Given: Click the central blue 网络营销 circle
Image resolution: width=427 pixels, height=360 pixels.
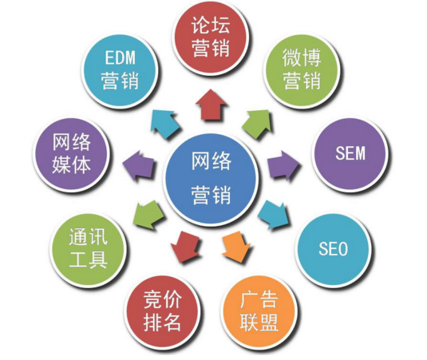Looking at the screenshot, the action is tap(212, 179).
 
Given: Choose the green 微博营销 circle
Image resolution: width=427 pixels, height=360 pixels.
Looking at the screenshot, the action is tap(302, 71).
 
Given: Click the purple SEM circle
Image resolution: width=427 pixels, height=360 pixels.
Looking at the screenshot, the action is tap(350, 153).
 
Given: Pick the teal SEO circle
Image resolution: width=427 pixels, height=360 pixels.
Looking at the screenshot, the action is tap(334, 249).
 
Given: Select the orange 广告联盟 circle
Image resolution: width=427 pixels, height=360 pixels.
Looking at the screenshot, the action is tap(259, 311).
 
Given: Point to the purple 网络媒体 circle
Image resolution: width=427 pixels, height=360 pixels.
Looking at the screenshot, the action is tap(72, 154).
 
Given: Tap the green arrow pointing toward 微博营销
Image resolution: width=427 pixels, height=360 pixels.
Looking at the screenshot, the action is tap(257, 124).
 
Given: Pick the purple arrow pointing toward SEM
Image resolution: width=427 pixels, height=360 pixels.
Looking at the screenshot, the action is tap(283, 165).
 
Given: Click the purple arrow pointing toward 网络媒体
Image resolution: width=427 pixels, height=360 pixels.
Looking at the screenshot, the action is tap(138, 165).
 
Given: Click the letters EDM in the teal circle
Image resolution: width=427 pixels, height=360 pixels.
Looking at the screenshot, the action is tap(120, 58).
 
